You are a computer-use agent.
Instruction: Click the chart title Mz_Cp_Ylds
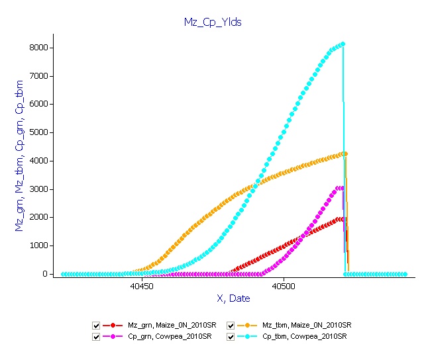[x=213, y=22]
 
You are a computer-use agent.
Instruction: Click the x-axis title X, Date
[x=233, y=298]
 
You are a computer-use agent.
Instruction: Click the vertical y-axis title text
[x=19, y=156]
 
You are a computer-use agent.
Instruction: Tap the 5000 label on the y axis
[x=38, y=132]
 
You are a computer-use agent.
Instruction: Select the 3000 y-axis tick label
[x=38, y=189]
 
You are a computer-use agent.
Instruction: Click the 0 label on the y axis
[x=45, y=274]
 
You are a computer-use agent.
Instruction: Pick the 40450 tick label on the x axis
[x=142, y=287]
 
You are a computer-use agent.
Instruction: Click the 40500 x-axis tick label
[x=284, y=287]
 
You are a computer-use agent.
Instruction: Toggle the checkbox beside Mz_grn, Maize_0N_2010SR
[x=96, y=326]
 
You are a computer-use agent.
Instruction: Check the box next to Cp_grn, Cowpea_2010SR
[x=96, y=337]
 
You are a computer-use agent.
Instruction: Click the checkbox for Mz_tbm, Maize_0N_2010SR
[x=231, y=326]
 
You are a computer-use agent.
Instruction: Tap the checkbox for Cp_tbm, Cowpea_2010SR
[x=231, y=337]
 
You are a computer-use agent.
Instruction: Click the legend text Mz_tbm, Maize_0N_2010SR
[x=307, y=325]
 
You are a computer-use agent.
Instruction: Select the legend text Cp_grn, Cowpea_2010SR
[x=170, y=337]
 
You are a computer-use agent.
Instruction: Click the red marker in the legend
[x=113, y=326]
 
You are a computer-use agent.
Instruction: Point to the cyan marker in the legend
[x=247, y=337]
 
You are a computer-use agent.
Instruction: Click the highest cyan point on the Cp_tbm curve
[x=343, y=44]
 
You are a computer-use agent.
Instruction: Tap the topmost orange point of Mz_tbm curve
[x=346, y=154]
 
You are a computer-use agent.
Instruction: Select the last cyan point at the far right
[x=405, y=274]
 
